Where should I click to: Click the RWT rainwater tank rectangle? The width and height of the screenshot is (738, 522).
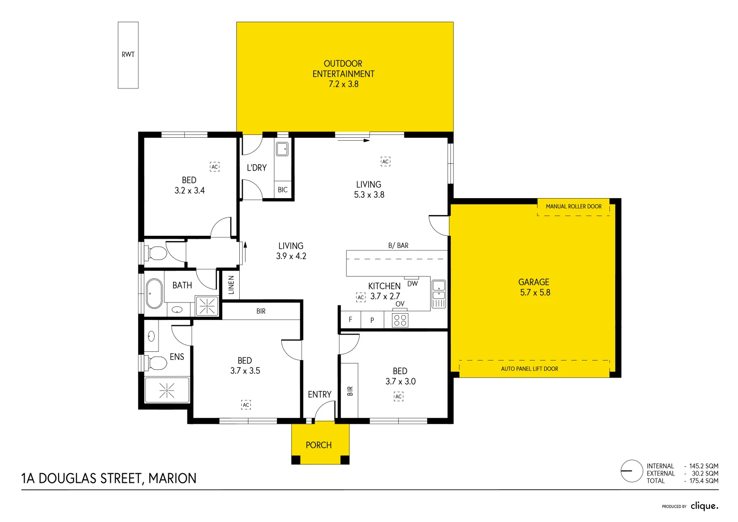pyautogui.click(x=128, y=55)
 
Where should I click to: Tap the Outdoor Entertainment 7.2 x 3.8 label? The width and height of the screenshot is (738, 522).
pyautogui.click(x=343, y=74)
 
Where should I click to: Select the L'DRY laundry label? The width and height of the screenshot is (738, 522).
pyautogui.click(x=257, y=168)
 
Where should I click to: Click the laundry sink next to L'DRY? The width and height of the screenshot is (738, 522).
pyautogui.click(x=282, y=148)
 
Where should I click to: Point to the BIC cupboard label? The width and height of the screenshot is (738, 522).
pyautogui.click(x=283, y=190)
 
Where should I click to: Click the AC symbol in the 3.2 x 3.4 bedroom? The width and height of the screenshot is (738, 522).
pyautogui.click(x=215, y=167)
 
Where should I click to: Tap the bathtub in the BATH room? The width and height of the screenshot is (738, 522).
pyautogui.click(x=154, y=293)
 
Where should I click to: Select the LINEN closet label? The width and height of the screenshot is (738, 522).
pyautogui.click(x=231, y=285)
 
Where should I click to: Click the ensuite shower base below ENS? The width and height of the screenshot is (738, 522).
pyautogui.click(x=167, y=390)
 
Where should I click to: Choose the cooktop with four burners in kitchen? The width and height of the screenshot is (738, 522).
pyautogui.click(x=400, y=320)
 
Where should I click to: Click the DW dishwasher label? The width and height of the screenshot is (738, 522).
pyautogui.click(x=412, y=284)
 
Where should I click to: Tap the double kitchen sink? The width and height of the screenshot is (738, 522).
pyautogui.click(x=438, y=294)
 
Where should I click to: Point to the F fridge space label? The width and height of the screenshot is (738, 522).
pyautogui.click(x=350, y=319)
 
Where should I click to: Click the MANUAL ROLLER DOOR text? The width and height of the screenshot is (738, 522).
pyautogui.click(x=574, y=206)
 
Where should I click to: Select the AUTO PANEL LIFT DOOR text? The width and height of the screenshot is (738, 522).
pyautogui.click(x=529, y=369)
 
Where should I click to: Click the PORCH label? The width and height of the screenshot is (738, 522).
pyautogui.click(x=318, y=445)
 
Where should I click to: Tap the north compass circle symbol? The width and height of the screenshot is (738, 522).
pyautogui.click(x=632, y=471)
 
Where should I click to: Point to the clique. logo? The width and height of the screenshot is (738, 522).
pyautogui.click(x=704, y=506)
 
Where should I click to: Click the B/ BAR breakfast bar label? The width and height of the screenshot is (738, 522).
pyautogui.click(x=398, y=246)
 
